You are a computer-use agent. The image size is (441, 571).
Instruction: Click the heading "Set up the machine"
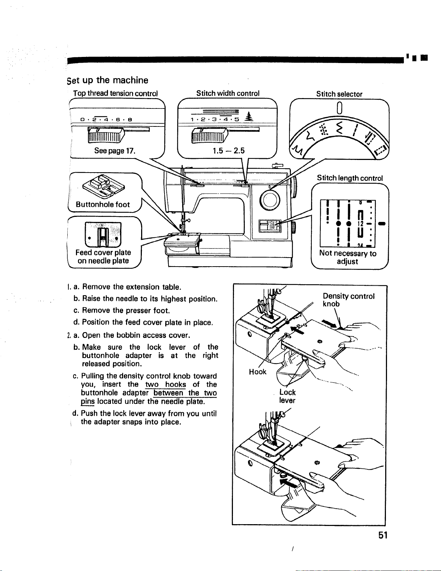coord(107,80)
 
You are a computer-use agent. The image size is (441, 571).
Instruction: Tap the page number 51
coord(383,535)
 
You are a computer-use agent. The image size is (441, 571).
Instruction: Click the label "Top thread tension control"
coord(115,93)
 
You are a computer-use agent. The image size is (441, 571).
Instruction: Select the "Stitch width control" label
coord(228,93)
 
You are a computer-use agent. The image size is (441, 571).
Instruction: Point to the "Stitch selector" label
coord(339,94)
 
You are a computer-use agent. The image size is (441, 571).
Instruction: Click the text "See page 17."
coord(115,151)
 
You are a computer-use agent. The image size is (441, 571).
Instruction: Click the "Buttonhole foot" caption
coord(103,204)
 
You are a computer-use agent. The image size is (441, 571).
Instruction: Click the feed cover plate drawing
coord(103,234)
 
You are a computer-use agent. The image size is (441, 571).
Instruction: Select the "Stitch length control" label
coord(350,178)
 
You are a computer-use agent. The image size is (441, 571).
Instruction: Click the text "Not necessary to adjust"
coord(347,257)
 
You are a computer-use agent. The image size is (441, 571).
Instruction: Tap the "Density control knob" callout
coord(348,300)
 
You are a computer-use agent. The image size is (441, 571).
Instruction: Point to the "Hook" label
coord(257,372)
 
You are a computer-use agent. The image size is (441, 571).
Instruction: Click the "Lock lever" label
coord(287,396)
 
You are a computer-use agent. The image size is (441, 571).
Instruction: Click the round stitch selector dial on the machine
coord(270,201)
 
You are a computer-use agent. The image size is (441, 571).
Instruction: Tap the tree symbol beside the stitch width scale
coord(249,117)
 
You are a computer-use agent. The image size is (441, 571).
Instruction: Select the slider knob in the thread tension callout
coord(106,135)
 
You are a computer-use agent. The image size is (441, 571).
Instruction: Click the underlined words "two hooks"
coord(165,384)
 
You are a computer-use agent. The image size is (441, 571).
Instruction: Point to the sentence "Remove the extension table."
coord(132,287)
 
